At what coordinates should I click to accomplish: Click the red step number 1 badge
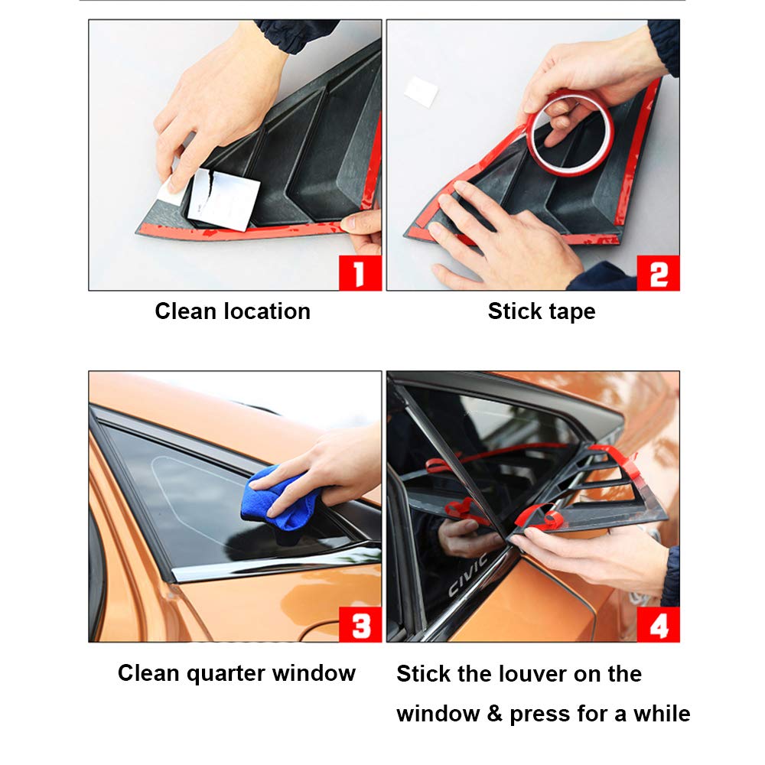point(360,273)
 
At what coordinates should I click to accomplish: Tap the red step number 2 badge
point(658,273)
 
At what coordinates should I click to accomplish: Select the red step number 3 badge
point(360,624)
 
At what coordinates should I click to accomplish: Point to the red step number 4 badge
point(658,624)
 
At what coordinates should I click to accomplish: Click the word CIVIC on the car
point(467,576)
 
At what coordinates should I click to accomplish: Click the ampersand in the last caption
point(494,715)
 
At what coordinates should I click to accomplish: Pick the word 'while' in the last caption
point(662,714)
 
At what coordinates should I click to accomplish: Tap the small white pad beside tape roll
point(421,91)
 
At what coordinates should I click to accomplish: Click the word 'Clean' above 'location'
point(185,311)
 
